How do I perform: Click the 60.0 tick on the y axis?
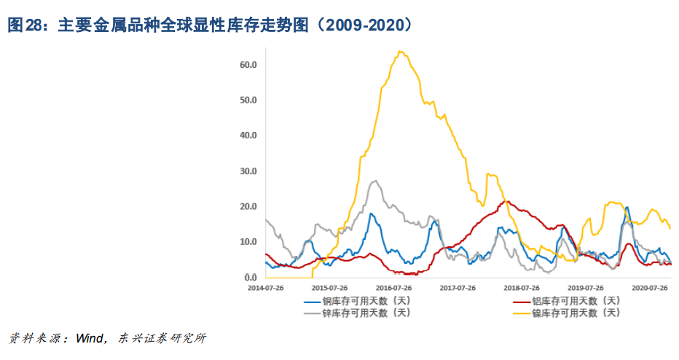coord(248,65)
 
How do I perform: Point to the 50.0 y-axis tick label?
coord(248,100)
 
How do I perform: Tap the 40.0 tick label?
coord(248,136)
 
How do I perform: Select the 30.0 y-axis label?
coord(248,171)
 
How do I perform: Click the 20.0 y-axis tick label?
coord(248,206)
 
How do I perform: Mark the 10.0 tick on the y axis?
coord(248,242)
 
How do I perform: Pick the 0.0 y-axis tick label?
coord(251,278)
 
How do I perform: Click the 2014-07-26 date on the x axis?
coord(266,289)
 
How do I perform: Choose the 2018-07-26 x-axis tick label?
coord(522,289)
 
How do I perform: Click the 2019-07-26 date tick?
coord(587,289)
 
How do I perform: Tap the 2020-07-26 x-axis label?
coord(650,289)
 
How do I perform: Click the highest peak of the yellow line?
coord(401,52)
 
